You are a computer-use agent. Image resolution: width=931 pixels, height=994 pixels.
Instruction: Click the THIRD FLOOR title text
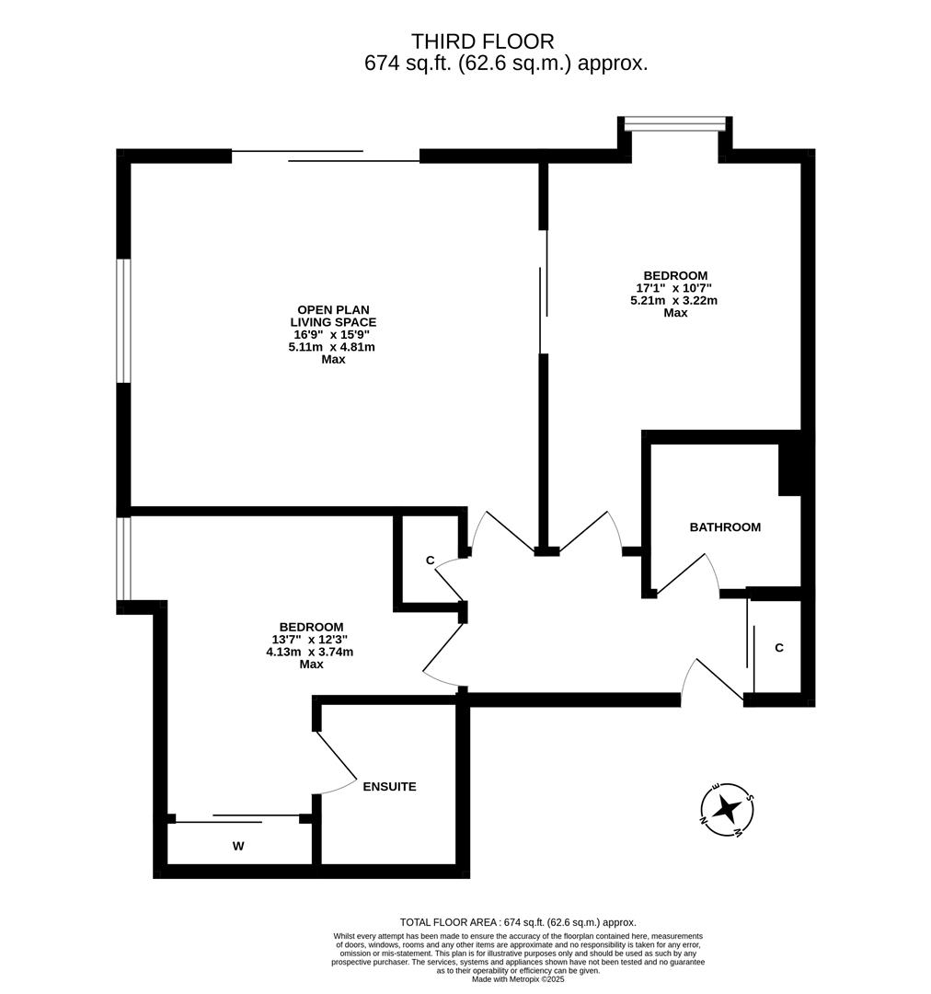click(x=482, y=41)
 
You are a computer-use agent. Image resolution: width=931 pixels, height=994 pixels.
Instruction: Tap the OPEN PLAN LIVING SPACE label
click(x=333, y=316)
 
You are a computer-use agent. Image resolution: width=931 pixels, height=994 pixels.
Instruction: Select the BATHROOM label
click(x=725, y=527)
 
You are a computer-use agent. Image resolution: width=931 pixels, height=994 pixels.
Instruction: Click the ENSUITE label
click(x=389, y=787)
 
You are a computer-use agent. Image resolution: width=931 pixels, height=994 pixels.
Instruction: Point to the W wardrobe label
click(x=238, y=847)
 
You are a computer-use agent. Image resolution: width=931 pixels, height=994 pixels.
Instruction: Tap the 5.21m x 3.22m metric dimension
click(x=674, y=300)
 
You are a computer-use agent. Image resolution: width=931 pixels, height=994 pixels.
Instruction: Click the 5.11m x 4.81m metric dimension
click(x=332, y=347)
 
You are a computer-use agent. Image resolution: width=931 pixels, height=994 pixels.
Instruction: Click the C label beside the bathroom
click(x=779, y=648)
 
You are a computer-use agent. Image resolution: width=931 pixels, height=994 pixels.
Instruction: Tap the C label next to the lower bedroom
click(x=430, y=561)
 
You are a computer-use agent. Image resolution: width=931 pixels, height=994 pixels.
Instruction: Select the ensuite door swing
click(x=336, y=764)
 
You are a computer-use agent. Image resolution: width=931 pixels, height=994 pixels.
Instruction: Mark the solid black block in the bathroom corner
click(x=791, y=469)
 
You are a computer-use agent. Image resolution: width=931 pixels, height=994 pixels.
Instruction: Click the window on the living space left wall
click(x=123, y=319)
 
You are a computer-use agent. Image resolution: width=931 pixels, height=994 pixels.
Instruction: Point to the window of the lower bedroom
click(x=123, y=559)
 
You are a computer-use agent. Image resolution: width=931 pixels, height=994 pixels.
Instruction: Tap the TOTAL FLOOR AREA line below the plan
click(x=518, y=922)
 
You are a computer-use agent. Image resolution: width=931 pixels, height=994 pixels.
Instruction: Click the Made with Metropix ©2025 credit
click(x=518, y=979)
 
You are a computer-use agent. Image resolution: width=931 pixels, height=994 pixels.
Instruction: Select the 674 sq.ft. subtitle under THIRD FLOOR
click(x=506, y=64)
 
